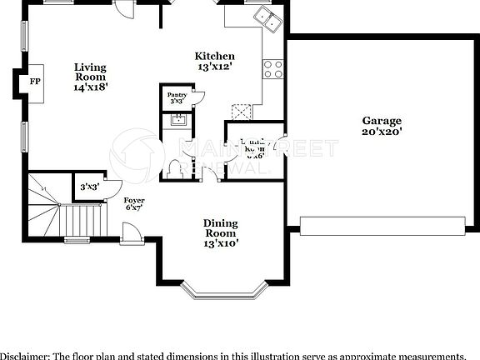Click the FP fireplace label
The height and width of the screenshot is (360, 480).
(x=35, y=82)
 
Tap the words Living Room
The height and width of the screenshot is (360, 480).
(x=90, y=72)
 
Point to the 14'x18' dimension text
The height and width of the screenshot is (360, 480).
(x=90, y=86)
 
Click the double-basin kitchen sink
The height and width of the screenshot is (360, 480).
(x=267, y=17)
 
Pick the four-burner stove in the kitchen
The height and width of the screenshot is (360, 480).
(x=273, y=69)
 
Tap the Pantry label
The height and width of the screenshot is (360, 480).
(x=177, y=96)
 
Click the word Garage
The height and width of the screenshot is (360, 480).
(x=382, y=120)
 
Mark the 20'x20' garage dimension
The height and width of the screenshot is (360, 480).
(x=382, y=132)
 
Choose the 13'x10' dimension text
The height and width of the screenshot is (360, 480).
(x=220, y=243)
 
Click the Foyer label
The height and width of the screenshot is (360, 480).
(x=134, y=201)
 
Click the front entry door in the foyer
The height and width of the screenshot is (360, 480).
(x=130, y=237)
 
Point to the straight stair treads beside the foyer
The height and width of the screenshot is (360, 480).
(x=84, y=221)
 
